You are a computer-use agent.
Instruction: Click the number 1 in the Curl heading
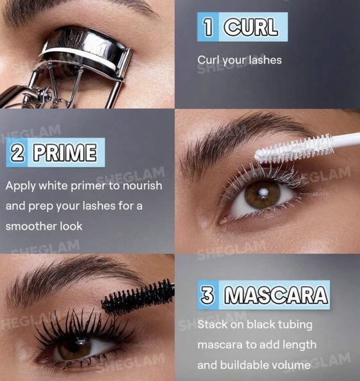tap(208, 27)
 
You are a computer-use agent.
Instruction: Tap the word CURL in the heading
tap(251, 27)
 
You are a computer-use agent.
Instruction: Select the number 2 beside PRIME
tap(17, 152)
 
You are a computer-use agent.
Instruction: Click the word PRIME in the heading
tap(65, 152)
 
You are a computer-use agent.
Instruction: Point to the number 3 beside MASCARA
tap(207, 295)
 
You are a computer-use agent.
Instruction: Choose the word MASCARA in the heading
tap(275, 295)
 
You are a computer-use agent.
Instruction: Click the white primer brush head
tap(295, 149)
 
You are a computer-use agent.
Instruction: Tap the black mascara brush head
tap(138, 298)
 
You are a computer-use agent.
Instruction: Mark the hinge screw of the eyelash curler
tap(49, 95)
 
